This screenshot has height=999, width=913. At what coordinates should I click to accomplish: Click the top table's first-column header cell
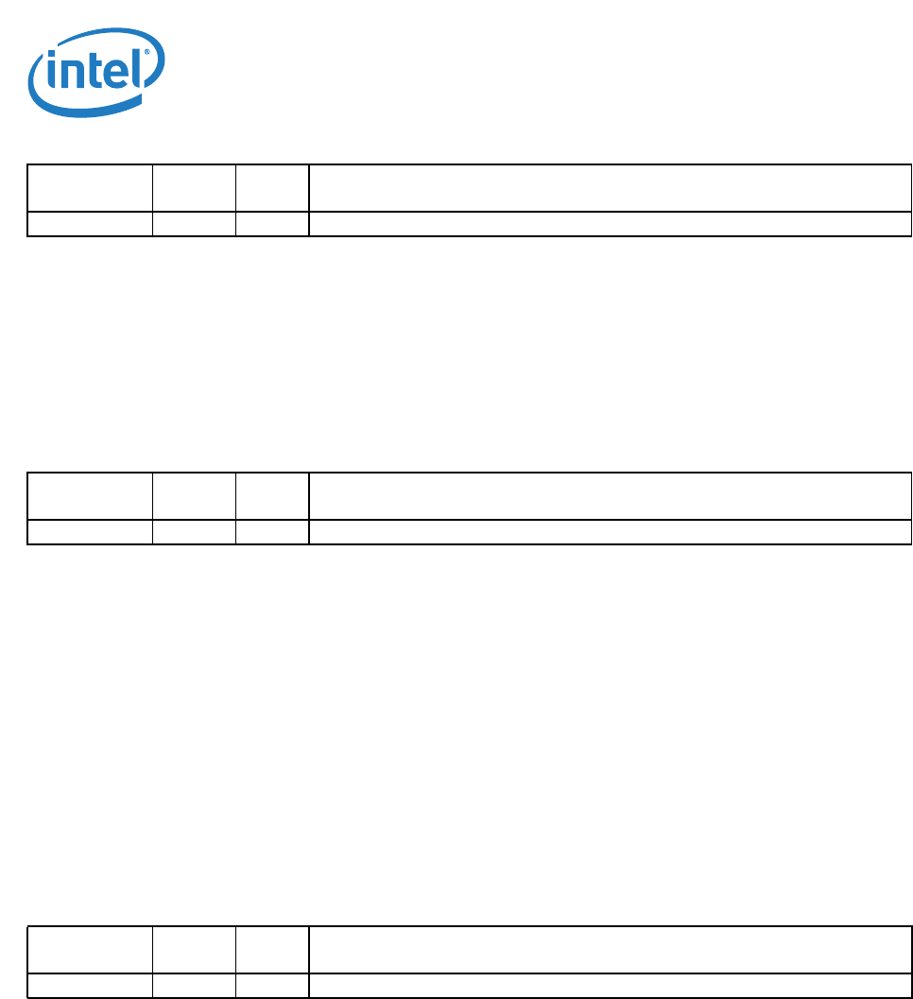click(x=90, y=188)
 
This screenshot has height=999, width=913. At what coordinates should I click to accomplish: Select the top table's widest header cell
click(x=610, y=188)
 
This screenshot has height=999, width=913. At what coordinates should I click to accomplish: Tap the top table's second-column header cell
click(x=194, y=188)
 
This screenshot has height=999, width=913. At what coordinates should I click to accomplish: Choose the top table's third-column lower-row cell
click(x=272, y=224)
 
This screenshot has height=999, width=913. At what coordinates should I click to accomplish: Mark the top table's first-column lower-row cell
click(x=90, y=224)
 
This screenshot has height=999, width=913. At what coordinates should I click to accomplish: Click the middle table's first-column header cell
click(x=90, y=496)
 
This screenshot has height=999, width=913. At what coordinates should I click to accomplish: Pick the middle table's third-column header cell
click(x=272, y=496)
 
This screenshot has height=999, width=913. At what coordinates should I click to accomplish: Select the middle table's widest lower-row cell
click(x=610, y=532)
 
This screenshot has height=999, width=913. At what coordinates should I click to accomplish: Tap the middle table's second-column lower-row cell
click(x=194, y=532)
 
